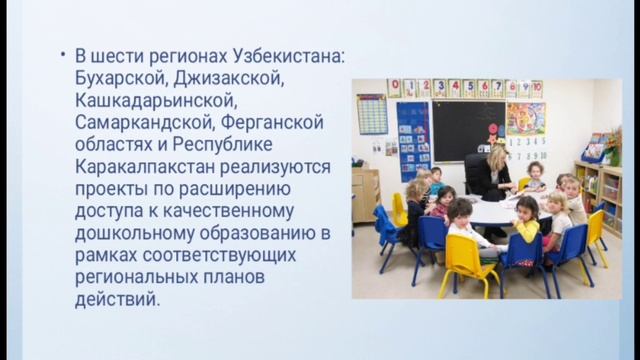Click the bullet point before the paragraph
(63, 54)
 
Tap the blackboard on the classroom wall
(467, 129)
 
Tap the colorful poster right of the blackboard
(526, 119)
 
